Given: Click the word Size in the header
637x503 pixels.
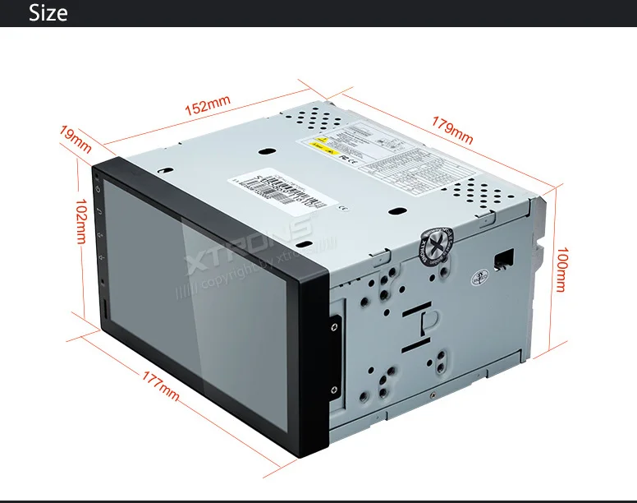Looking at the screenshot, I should click(x=48, y=13).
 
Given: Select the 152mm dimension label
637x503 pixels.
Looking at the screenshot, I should click(x=207, y=105).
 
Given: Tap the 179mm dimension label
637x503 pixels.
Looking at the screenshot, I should click(x=452, y=127).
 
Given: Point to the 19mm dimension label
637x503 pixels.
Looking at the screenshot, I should click(x=76, y=139).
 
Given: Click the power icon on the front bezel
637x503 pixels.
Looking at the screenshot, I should click(x=99, y=189).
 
